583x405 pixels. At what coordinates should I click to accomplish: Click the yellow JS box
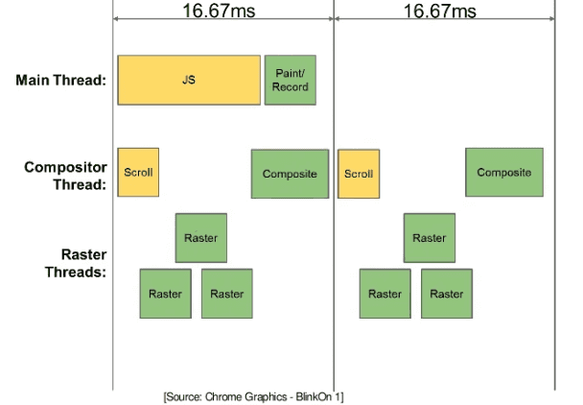click(189, 80)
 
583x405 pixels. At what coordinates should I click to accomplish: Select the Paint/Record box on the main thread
click(291, 80)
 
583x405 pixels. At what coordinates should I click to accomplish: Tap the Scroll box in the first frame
click(138, 173)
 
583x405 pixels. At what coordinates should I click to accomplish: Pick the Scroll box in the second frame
click(359, 174)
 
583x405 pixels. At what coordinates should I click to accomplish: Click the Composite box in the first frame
click(290, 174)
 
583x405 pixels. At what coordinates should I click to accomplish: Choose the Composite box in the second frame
click(504, 173)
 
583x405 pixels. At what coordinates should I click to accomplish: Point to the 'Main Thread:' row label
click(61, 80)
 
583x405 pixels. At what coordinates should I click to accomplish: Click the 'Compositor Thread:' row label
click(66, 176)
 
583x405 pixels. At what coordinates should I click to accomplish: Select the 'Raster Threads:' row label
click(76, 263)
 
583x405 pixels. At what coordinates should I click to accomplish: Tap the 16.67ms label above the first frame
click(219, 11)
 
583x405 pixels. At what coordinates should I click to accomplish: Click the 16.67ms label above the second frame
click(440, 11)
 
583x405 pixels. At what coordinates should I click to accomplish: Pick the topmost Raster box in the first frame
click(201, 238)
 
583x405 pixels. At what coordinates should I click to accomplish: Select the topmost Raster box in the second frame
click(430, 238)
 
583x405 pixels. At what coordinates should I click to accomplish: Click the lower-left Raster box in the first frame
click(166, 294)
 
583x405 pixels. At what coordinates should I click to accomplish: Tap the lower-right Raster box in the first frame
click(227, 294)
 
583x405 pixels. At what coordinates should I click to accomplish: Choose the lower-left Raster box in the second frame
click(385, 294)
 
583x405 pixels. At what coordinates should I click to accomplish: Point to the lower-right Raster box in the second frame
click(447, 294)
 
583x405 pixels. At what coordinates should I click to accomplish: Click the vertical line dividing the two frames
click(334, 195)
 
